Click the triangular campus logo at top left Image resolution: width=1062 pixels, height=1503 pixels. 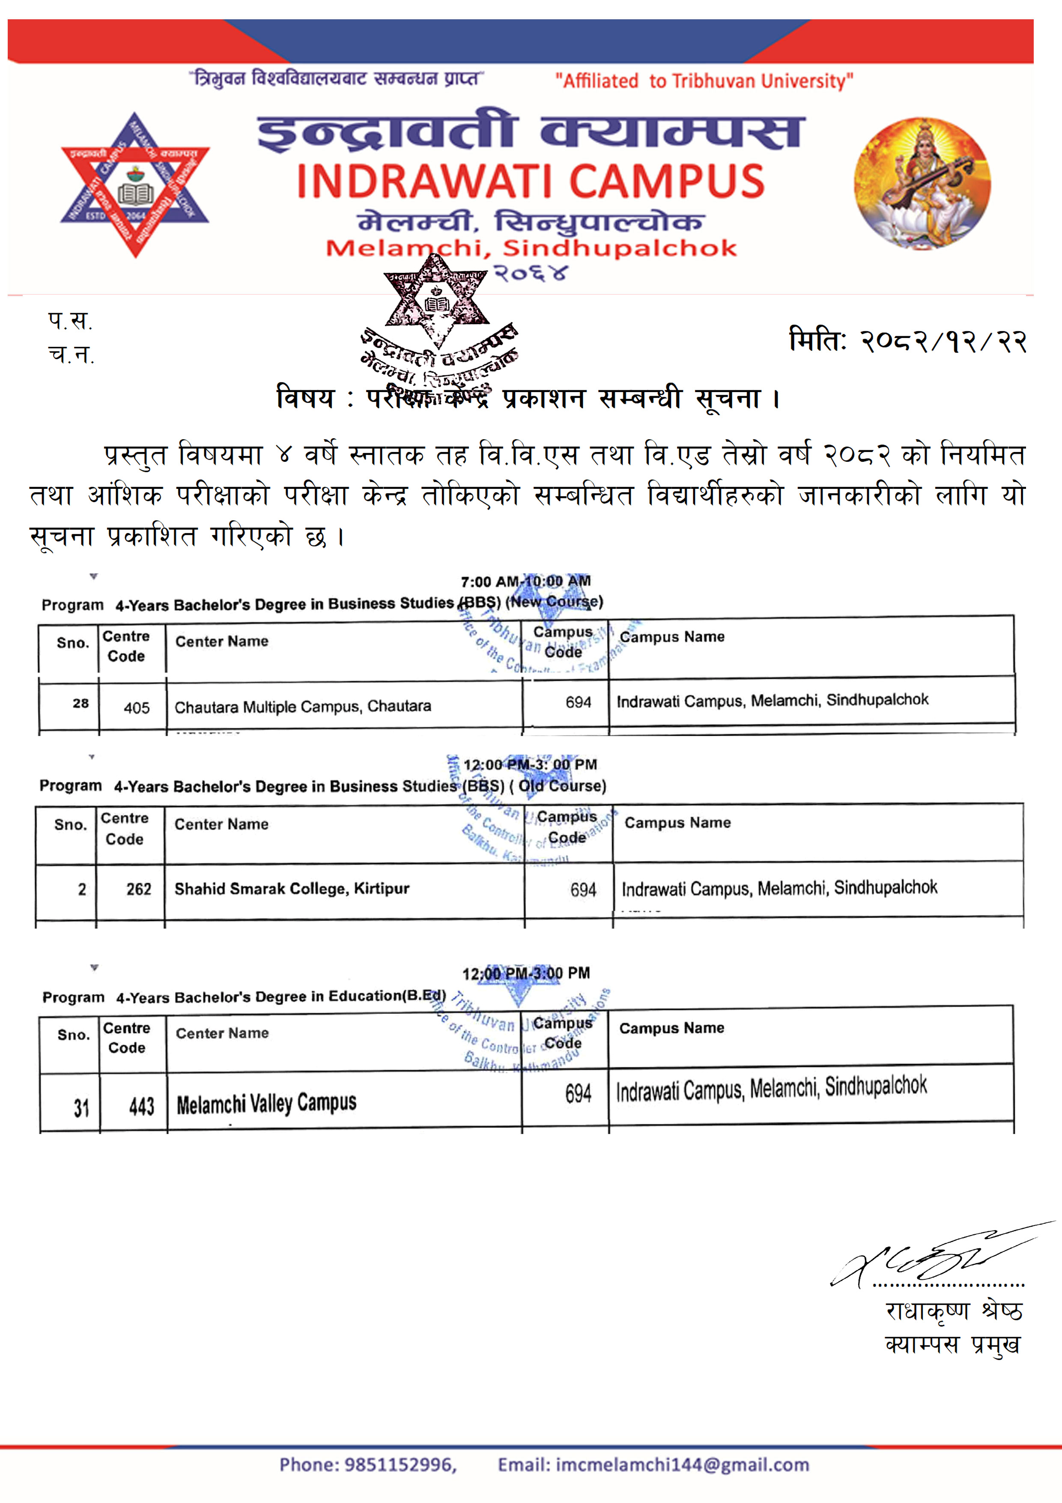[x=135, y=185]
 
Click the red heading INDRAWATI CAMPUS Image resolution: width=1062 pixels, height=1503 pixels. [x=531, y=181]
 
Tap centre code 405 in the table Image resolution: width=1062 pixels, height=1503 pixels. [x=136, y=708]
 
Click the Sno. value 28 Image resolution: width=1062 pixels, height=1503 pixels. [x=81, y=703]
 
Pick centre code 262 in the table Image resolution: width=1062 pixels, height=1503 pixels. [x=139, y=889]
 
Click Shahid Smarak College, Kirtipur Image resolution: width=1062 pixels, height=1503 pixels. [x=292, y=888]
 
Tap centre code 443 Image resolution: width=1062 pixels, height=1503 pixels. [x=141, y=1107]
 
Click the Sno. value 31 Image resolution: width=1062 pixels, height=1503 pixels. [x=81, y=1108]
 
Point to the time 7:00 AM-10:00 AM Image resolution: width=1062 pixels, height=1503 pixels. [x=525, y=581]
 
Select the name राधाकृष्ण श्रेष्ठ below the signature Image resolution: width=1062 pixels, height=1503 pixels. [x=953, y=1311]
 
